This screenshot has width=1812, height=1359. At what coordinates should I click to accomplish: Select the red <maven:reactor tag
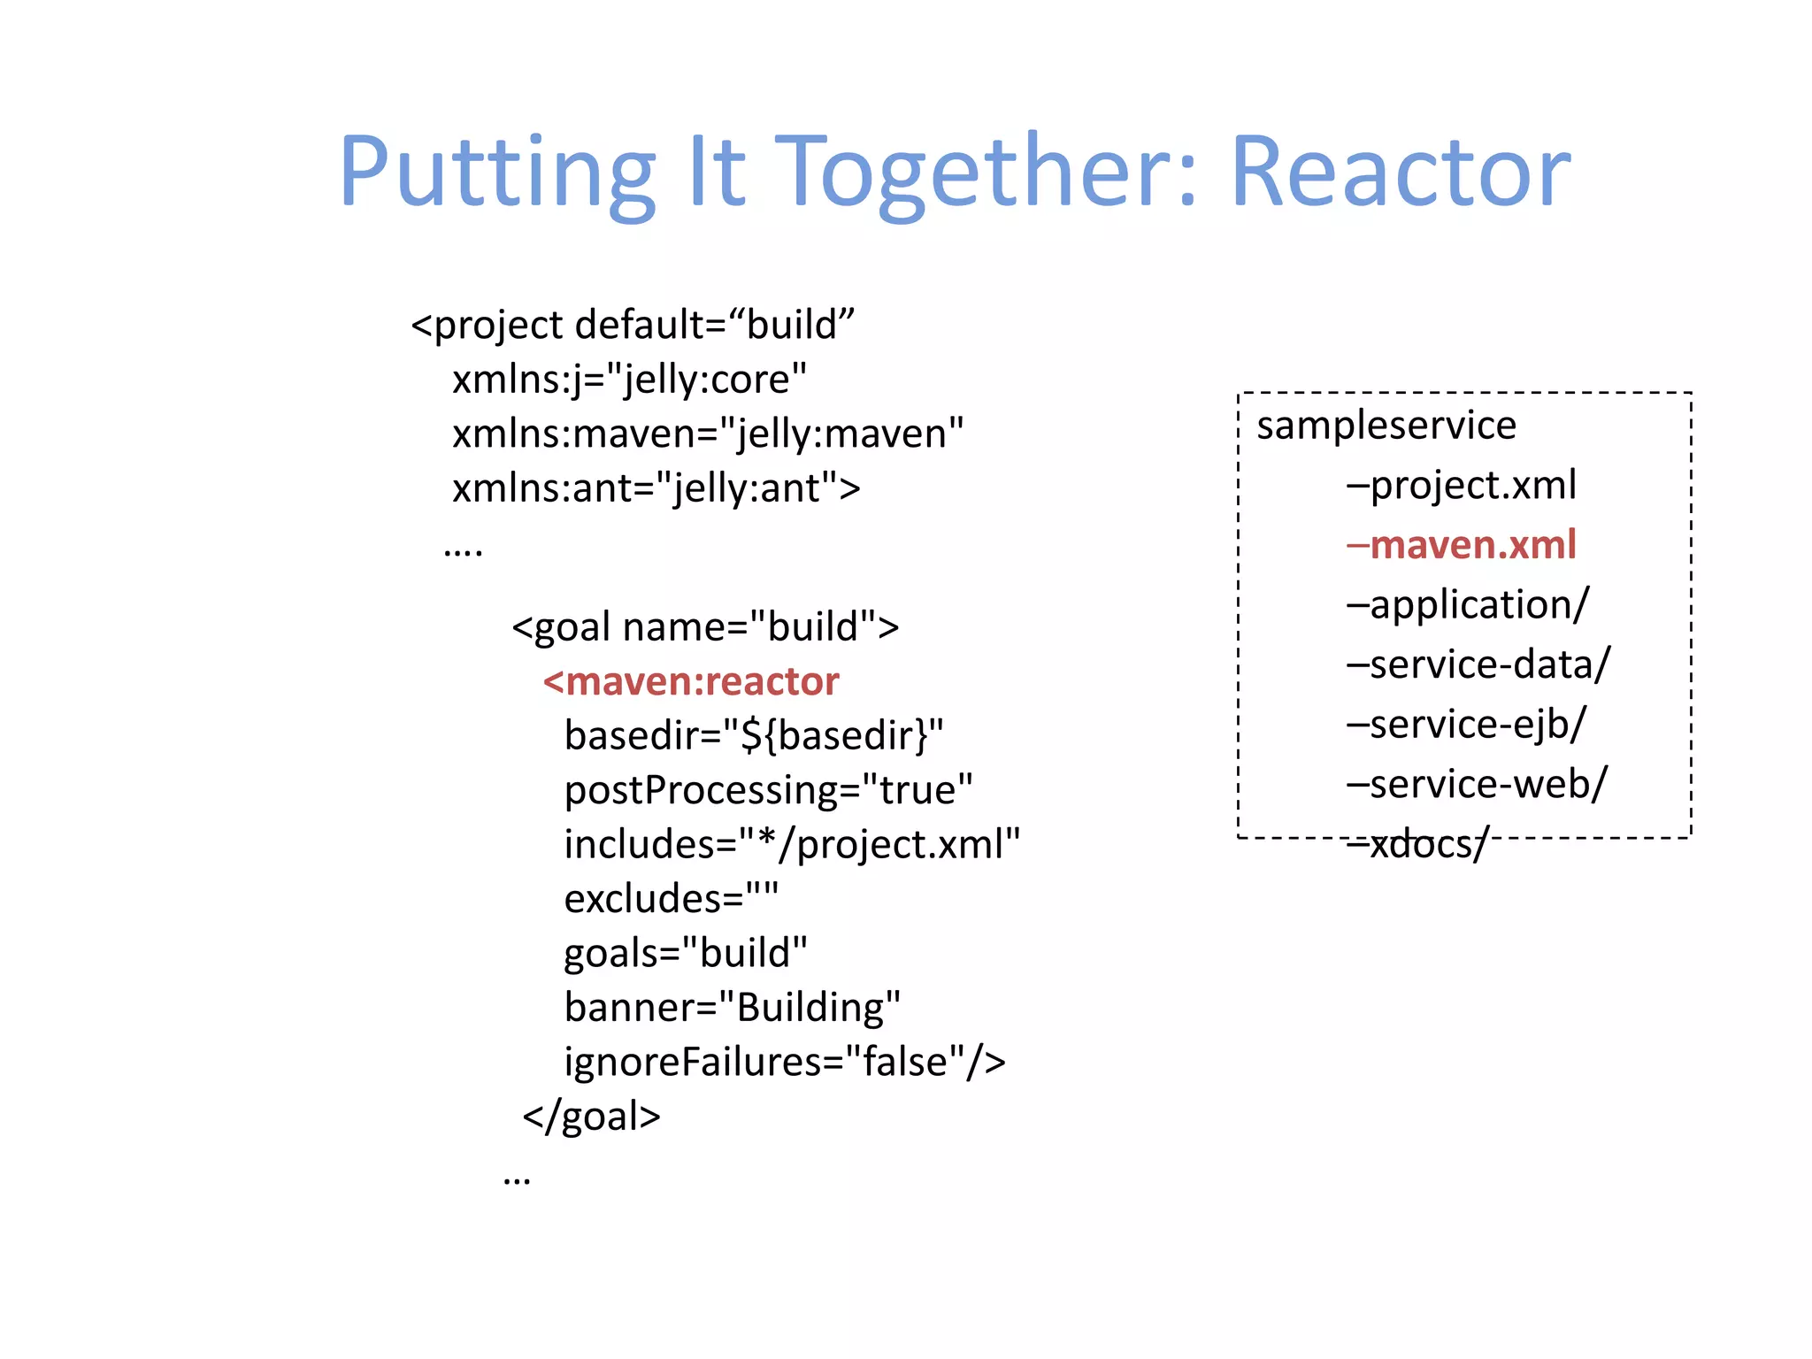691,681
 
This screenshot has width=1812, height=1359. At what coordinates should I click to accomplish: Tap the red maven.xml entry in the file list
1462,545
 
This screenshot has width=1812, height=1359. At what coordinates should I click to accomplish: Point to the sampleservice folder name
1386,426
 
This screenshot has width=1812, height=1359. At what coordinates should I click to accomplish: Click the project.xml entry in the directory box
1462,485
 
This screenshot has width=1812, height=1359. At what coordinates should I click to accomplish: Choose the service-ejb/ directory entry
1466,725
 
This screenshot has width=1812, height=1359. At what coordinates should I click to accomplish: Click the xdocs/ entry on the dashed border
1418,844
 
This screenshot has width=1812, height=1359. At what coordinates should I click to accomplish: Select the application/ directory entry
1468,605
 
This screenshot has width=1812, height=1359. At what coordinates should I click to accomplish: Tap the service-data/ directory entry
1478,664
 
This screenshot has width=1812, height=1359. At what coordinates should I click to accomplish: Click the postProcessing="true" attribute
768,790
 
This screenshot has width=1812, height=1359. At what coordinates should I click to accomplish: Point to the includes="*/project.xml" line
792,844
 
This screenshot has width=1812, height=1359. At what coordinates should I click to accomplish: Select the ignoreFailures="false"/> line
785,1062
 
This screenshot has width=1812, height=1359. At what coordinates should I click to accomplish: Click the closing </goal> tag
591,1117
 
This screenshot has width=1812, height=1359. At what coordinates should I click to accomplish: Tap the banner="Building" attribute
732,1008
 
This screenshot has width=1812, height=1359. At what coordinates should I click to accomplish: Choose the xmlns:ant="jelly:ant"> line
656,488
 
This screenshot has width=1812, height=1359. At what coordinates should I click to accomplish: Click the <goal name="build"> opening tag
705,627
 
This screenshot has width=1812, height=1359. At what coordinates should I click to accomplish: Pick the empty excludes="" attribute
671,899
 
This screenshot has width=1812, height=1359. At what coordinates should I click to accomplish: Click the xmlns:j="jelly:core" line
629,380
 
